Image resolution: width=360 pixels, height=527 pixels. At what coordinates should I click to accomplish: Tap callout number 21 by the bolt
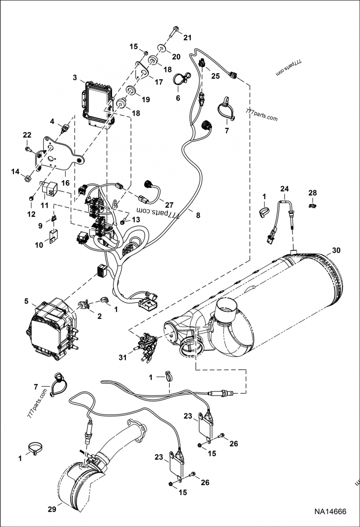[187, 37]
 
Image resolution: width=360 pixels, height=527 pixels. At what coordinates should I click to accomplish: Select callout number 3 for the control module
[75, 77]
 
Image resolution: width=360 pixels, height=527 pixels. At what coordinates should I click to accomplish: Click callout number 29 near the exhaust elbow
[52, 509]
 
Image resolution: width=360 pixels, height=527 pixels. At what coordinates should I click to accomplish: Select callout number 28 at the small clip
[312, 193]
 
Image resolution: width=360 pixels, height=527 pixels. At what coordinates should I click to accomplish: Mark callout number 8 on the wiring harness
[198, 215]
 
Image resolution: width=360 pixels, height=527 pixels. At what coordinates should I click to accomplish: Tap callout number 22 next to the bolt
[27, 135]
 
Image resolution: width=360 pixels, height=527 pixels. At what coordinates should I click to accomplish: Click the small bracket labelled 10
[53, 236]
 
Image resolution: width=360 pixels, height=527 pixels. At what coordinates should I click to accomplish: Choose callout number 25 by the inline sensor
[216, 76]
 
